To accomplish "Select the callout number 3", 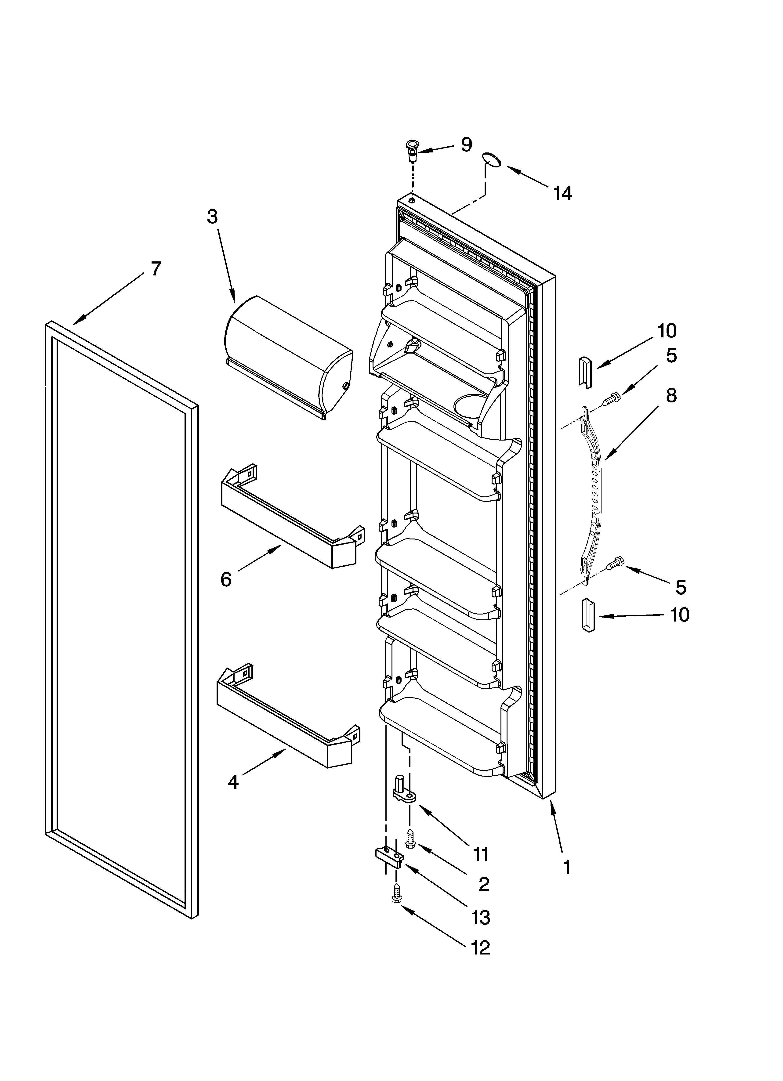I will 212,217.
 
